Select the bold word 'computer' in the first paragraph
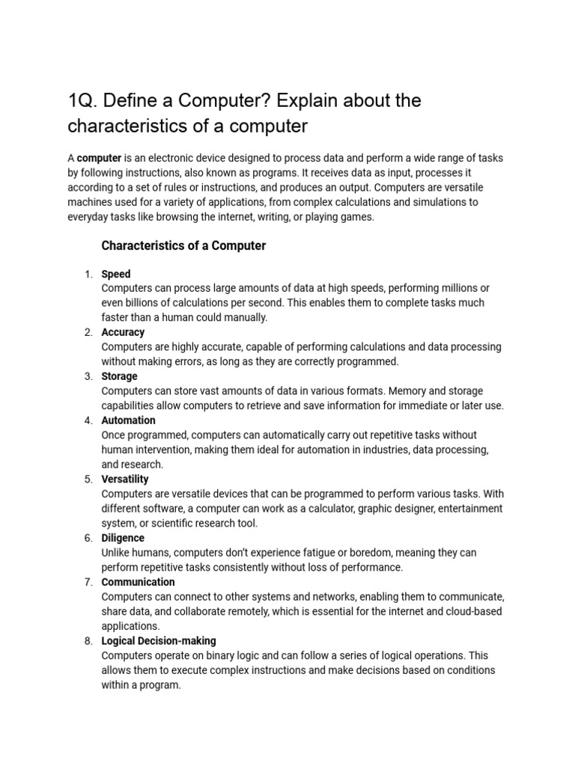(x=99, y=158)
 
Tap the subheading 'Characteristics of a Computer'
(x=183, y=245)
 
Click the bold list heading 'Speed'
(x=116, y=274)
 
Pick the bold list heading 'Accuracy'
(x=123, y=332)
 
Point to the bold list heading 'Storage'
(x=119, y=376)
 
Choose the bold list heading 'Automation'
(x=128, y=420)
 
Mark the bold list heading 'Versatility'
(x=125, y=479)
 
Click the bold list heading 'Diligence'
(x=123, y=538)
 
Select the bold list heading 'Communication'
(x=138, y=582)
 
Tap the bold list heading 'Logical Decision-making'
(x=159, y=641)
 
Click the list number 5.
(x=88, y=479)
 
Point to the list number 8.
(x=88, y=641)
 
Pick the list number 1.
(x=88, y=274)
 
